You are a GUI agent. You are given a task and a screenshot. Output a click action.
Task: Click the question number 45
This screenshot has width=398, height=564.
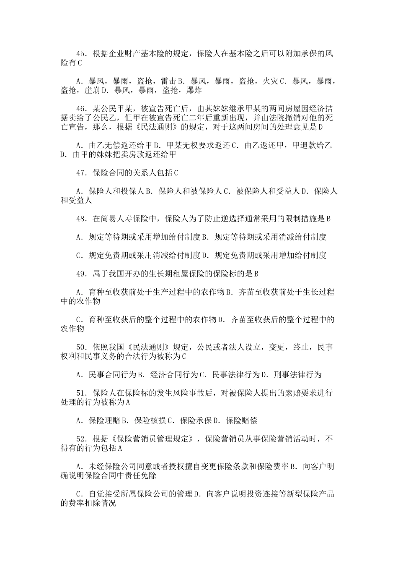click(80, 54)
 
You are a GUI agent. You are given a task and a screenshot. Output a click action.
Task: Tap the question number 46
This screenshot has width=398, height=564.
click(80, 109)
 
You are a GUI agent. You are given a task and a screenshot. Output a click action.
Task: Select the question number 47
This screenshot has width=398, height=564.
click(80, 173)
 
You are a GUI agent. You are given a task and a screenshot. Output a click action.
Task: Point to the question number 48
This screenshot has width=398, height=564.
click(80, 219)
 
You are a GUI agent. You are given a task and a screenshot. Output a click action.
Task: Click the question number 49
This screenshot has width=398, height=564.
click(80, 274)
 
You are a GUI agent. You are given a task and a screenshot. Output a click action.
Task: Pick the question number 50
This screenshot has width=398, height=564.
click(80, 347)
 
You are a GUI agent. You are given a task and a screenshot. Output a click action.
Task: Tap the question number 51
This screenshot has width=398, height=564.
click(80, 393)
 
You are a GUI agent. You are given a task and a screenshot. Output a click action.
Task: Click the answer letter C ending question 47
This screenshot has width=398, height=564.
click(176, 173)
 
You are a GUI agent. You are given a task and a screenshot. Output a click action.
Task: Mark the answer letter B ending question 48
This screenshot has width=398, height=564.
click(328, 219)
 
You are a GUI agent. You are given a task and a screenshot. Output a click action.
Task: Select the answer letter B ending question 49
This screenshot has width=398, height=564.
click(256, 274)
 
